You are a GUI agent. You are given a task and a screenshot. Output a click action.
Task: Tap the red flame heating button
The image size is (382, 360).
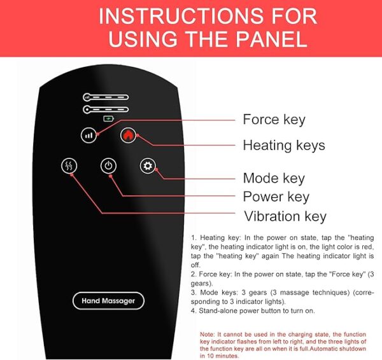point(129,135)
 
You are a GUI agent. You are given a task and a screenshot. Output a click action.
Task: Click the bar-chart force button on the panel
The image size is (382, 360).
point(88,135)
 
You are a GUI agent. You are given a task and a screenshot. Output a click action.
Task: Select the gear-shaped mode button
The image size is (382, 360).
point(148,166)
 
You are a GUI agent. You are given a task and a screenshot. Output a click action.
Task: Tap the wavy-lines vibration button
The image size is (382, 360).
point(69,166)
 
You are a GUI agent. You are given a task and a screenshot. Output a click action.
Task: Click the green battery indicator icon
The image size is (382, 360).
point(108,118)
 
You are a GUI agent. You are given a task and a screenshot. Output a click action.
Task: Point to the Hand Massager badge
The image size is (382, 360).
point(108,301)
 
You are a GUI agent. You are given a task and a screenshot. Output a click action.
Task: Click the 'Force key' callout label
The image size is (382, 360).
point(274,120)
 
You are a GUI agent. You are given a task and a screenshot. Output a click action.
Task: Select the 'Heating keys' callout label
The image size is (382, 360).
point(284,145)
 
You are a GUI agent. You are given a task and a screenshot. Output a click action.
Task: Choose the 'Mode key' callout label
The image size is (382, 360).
point(274,179)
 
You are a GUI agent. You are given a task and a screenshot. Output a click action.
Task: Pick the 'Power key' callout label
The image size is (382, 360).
point(276,197)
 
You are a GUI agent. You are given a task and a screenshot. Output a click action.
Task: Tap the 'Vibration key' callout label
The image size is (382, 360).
point(285,216)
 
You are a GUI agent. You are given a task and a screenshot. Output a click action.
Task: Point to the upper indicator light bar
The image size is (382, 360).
point(106,97)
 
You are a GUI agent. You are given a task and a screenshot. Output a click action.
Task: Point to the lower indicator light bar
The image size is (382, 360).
point(106,109)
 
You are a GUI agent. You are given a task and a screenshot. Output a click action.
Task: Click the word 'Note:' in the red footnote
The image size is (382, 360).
point(208,334)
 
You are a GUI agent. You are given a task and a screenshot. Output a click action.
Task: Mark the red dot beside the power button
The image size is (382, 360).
point(111,176)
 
